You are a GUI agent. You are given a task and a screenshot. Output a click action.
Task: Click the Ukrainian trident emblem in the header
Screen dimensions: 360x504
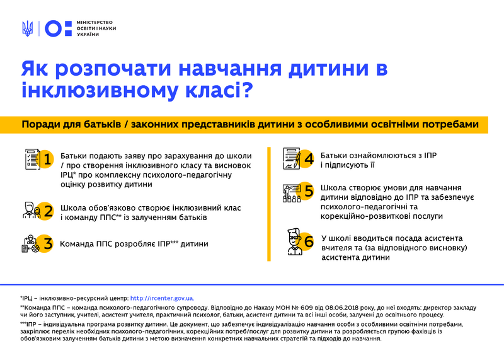point(27,28)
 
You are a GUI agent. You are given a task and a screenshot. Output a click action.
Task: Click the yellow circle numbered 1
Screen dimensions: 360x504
point(46,160)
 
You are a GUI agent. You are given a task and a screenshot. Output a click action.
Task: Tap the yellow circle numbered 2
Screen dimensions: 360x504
point(46,211)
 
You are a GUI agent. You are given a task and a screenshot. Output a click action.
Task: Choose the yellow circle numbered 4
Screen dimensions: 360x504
point(308,158)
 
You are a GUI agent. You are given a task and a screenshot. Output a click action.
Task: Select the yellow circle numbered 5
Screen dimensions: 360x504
point(308,192)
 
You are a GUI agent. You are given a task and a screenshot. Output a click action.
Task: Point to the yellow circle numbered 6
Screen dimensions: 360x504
point(308,242)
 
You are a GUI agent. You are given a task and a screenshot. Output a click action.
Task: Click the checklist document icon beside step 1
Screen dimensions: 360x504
point(31,158)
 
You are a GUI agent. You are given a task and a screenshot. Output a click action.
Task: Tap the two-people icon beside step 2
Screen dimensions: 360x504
point(30,211)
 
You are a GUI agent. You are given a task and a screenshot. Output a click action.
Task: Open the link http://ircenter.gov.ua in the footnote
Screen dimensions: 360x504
point(162,298)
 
